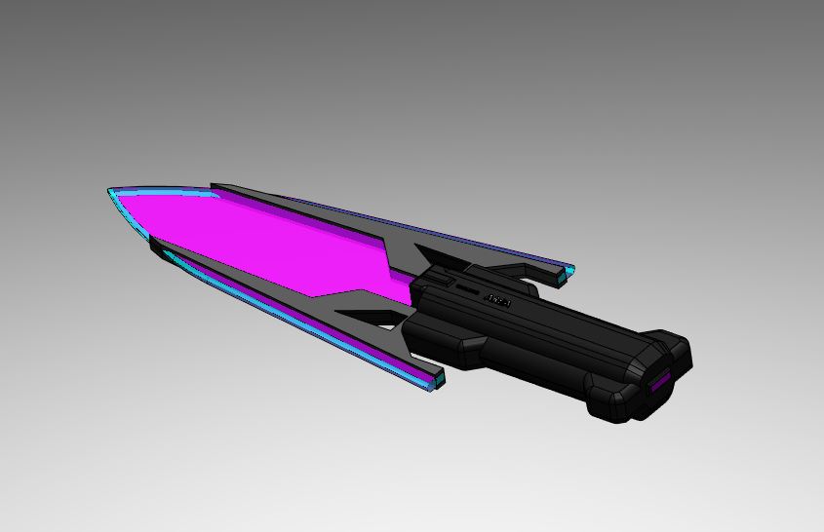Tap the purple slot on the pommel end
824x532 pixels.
(x=661, y=384)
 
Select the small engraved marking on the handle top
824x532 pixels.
(x=499, y=300)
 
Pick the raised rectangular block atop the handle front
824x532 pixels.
(x=436, y=279)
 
